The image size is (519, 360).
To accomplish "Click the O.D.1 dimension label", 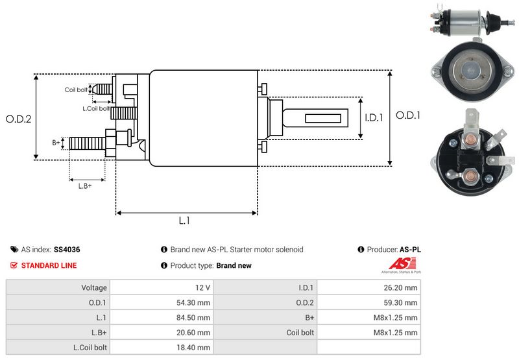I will click(409, 115).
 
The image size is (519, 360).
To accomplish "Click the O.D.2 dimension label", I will click(18, 119).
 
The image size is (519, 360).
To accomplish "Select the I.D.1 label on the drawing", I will click(374, 118).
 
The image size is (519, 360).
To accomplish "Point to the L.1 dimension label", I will click(184, 221).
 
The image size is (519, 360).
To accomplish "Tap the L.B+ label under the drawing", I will click(85, 186).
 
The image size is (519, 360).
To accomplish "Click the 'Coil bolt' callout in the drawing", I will click(76, 90).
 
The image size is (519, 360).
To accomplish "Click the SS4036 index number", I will click(67, 250).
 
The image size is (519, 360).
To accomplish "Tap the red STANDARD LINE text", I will click(49, 265).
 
